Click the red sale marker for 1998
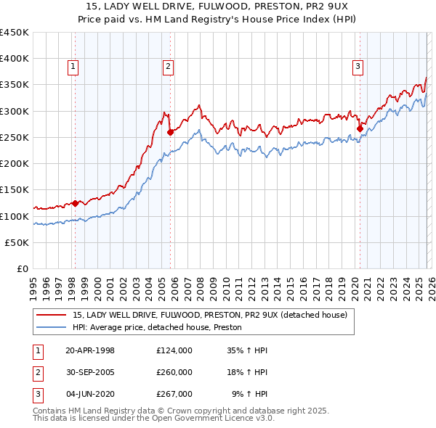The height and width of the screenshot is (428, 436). (75, 204)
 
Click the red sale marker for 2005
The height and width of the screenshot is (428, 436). (170, 132)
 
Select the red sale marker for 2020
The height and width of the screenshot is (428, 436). (360, 128)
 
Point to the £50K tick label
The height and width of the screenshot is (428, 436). (16, 243)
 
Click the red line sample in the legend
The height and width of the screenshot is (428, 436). (52, 316)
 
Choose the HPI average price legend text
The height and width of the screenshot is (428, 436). (157, 328)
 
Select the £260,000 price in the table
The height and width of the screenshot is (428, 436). (174, 372)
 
